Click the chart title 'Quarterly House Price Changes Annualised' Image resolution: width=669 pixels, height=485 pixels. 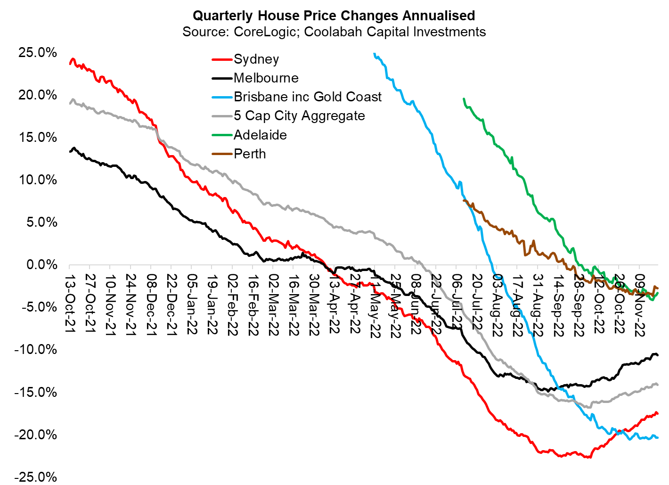click(334, 16)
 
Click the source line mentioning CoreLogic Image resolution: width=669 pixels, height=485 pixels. click(334, 32)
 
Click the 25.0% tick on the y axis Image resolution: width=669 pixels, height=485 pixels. click(38, 52)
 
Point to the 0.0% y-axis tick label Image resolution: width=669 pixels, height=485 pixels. click(41, 265)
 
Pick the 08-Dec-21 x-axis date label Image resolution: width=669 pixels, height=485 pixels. click(151, 304)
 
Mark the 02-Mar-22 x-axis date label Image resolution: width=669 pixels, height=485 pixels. click(274, 304)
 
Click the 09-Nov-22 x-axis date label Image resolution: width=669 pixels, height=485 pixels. click(640, 304)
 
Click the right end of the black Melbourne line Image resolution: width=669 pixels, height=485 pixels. click(658, 355)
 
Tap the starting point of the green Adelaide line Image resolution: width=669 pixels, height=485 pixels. click(464, 99)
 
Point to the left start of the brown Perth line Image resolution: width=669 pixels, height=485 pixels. click(464, 200)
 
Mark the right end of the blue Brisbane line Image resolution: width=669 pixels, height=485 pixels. click(658, 438)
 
